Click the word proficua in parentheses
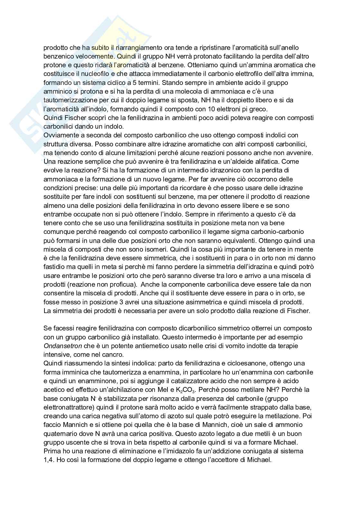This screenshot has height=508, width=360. [123, 284]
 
